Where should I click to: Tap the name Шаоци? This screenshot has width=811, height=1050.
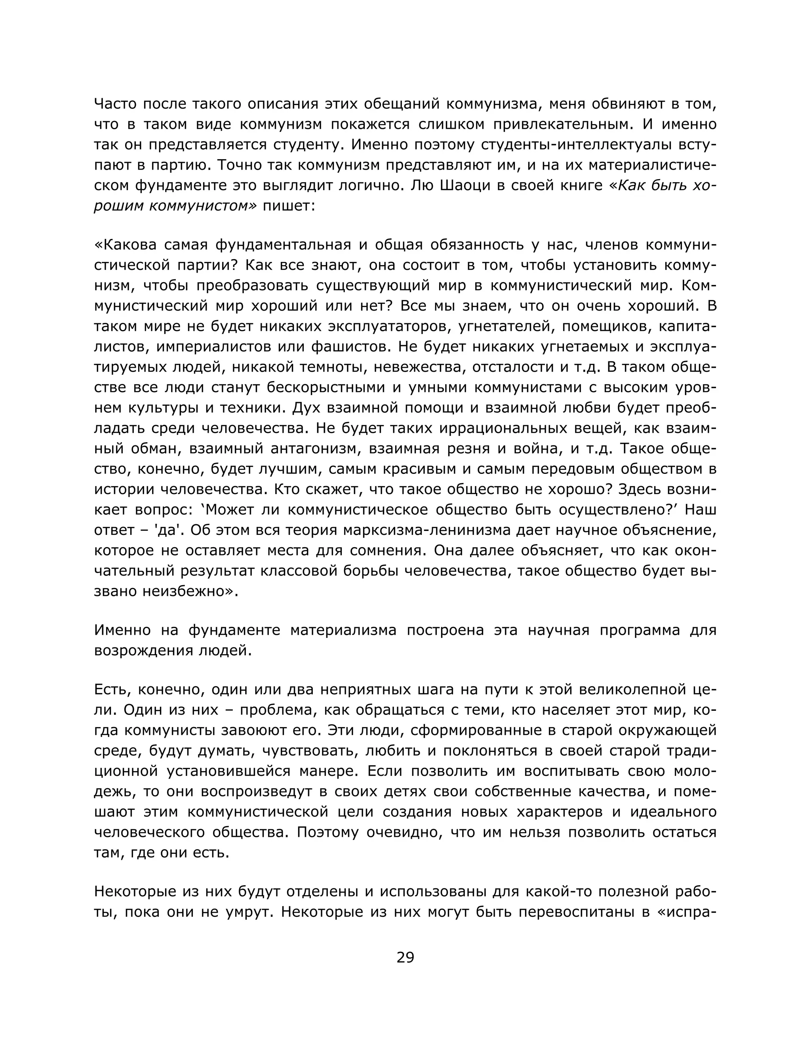464,185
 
